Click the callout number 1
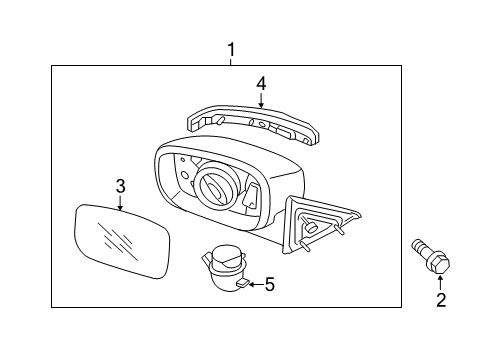click(231, 50)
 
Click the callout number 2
click(441, 300)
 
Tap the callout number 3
click(120, 186)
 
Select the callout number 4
click(261, 84)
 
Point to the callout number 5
click(269, 284)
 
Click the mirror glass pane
click(121, 241)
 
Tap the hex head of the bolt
click(439, 263)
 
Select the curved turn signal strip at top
click(253, 124)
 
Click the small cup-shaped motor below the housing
click(224, 268)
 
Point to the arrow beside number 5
click(256, 285)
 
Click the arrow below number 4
click(261, 100)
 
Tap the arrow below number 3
click(120, 203)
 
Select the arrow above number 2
click(441, 283)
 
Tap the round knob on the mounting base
click(311, 227)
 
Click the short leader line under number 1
click(231, 62)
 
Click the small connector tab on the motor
click(242, 283)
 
